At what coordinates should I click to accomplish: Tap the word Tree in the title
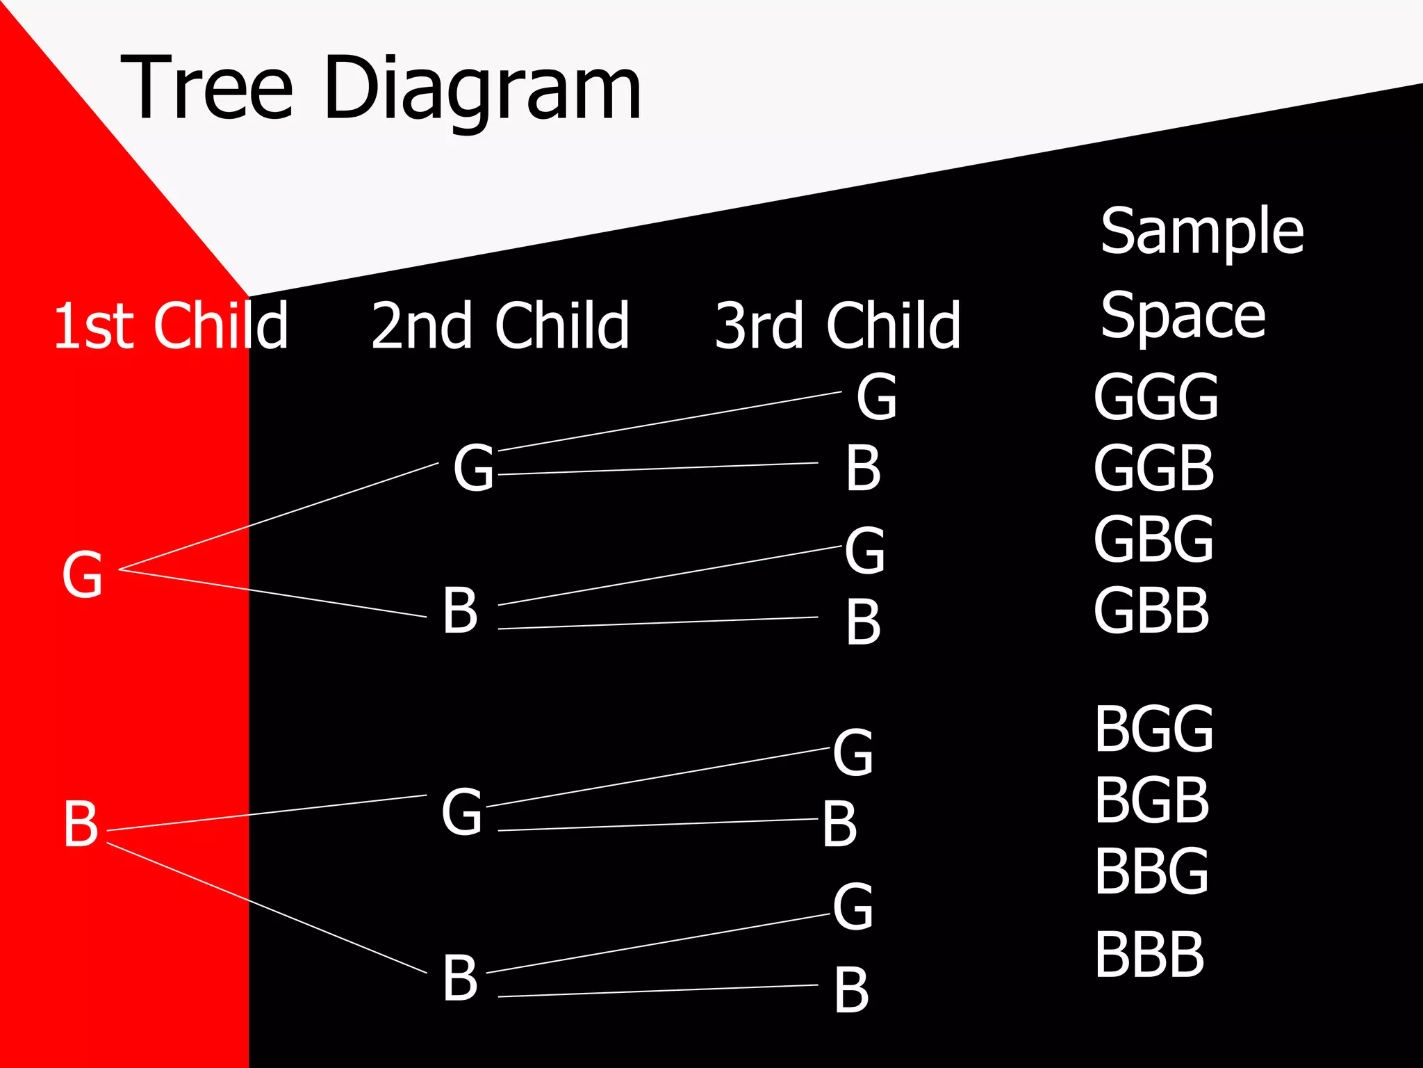pyautogui.click(x=207, y=88)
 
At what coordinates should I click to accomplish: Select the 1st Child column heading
pyautogui.click(x=170, y=325)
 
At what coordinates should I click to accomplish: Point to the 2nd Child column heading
pyautogui.click(x=500, y=325)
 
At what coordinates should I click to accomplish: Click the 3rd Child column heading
pyautogui.click(x=838, y=325)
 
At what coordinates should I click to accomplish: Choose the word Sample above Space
pyautogui.click(x=1202, y=232)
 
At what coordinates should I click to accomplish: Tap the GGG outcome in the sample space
pyautogui.click(x=1155, y=397)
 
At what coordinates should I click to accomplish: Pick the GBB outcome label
pyautogui.click(x=1151, y=610)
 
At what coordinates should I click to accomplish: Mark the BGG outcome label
pyautogui.click(x=1153, y=729)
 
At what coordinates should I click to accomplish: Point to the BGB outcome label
pyautogui.click(x=1151, y=800)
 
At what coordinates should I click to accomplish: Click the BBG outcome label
pyautogui.click(x=1151, y=871)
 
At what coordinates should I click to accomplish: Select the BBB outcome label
pyautogui.click(x=1149, y=955)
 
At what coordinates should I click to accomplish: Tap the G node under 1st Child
pyautogui.click(x=83, y=575)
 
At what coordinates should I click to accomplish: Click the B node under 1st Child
pyautogui.click(x=81, y=824)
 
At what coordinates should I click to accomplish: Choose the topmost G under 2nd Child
pyautogui.click(x=474, y=468)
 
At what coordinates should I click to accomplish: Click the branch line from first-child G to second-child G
pyautogui.click(x=278, y=517)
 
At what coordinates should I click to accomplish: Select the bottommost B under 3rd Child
pyautogui.click(x=851, y=990)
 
